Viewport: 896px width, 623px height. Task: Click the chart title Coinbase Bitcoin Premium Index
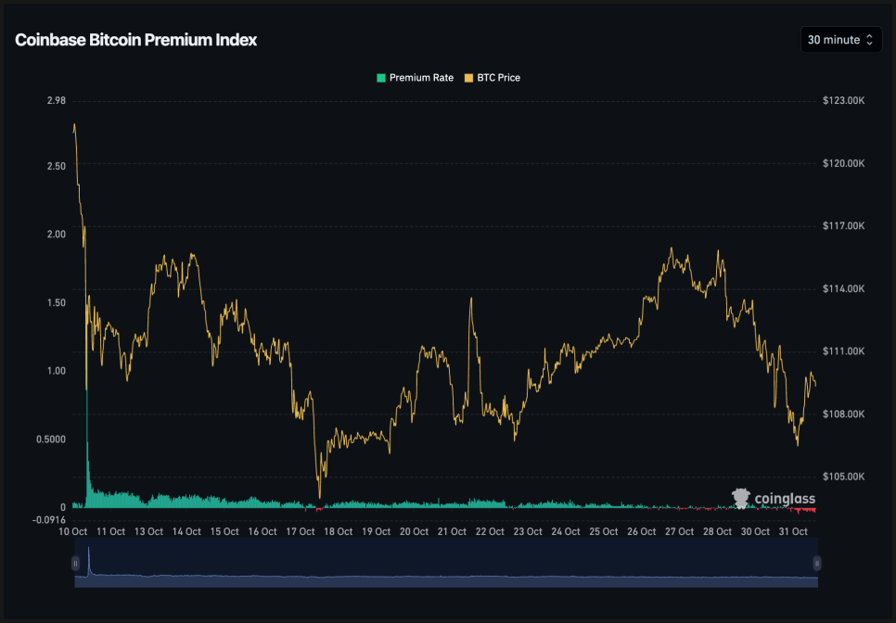coord(135,40)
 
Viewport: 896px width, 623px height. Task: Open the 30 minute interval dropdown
coord(840,40)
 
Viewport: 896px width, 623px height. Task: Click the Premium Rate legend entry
coord(415,78)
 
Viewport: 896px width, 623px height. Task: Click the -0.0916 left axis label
coord(48,519)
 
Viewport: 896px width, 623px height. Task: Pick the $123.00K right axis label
coord(843,100)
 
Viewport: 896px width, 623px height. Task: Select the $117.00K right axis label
coord(843,225)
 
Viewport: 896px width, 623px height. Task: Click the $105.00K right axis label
coord(843,477)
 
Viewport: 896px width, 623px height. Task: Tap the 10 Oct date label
coord(72,532)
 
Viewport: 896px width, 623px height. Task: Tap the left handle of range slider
coord(75,563)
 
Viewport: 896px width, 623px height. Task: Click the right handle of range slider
coord(817,563)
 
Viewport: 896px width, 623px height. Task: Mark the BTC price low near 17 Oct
coord(319,497)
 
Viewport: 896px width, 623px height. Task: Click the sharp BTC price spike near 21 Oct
coord(472,299)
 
